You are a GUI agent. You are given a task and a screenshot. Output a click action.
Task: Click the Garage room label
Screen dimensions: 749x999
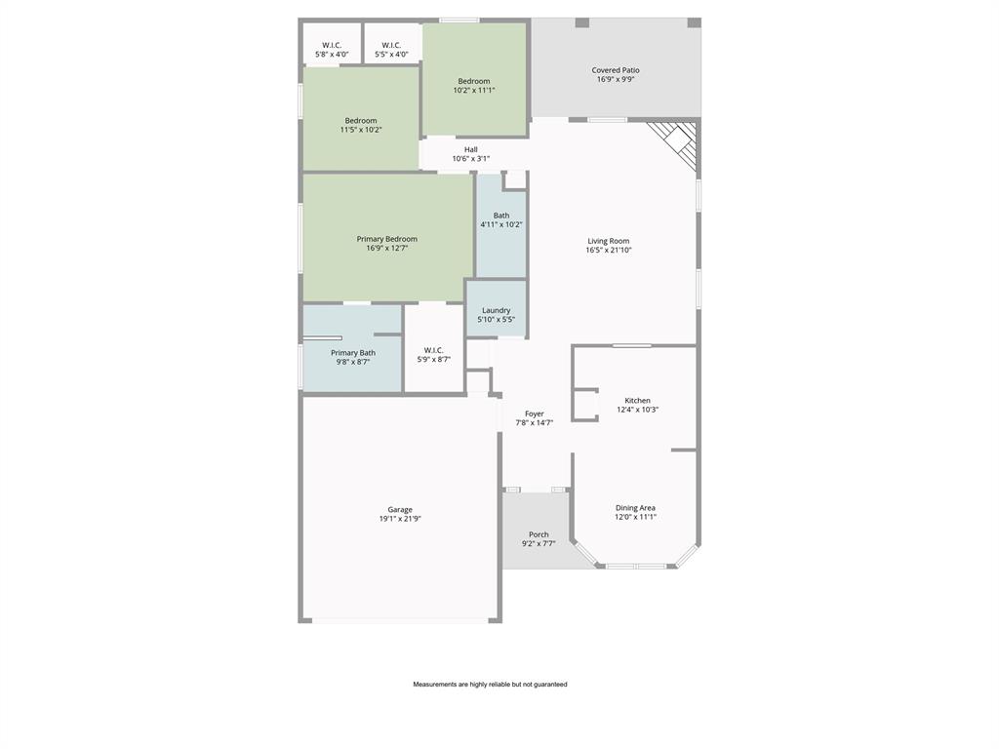click(400, 509)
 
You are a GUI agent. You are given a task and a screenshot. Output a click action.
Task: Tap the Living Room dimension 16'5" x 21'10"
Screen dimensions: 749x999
click(609, 251)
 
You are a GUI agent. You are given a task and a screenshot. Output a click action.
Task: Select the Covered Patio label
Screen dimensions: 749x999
click(616, 70)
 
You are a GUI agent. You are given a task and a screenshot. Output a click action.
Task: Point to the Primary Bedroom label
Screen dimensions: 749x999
click(387, 239)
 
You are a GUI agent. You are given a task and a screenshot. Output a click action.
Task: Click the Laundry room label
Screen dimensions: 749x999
click(496, 310)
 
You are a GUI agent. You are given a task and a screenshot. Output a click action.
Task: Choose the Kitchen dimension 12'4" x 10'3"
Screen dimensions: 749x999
click(637, 410)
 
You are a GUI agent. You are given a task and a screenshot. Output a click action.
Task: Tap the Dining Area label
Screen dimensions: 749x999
click(635, 507)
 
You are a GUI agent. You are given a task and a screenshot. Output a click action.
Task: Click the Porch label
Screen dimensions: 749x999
click(539, 534)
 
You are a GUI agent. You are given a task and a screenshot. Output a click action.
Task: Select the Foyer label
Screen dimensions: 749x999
click(535, 414)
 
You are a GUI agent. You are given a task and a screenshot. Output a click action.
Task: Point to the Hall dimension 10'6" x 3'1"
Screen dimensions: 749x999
click(471, 159)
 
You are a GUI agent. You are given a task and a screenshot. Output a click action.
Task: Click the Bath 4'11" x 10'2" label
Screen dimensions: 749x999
click(501, 219)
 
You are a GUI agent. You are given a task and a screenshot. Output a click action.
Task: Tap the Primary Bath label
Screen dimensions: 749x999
click(353, 353)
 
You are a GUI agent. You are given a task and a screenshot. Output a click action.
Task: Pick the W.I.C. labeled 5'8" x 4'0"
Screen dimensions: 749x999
click(332, 50)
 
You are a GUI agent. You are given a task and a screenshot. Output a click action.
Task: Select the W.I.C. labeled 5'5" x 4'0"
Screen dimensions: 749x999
click(391, 50)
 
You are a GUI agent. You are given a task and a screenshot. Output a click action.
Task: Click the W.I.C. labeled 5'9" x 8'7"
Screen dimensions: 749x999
click(434, 354)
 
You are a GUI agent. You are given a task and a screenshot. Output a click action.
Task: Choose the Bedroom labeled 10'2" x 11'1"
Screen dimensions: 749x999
click(474, 85)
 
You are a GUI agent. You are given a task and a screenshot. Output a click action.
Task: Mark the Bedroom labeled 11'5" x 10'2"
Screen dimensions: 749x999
click(361, 125)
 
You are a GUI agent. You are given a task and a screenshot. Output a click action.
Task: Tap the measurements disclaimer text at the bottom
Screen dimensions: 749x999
click(490, 685)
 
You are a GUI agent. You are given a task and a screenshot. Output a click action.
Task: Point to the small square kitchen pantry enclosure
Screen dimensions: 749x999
click(584, 405)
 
